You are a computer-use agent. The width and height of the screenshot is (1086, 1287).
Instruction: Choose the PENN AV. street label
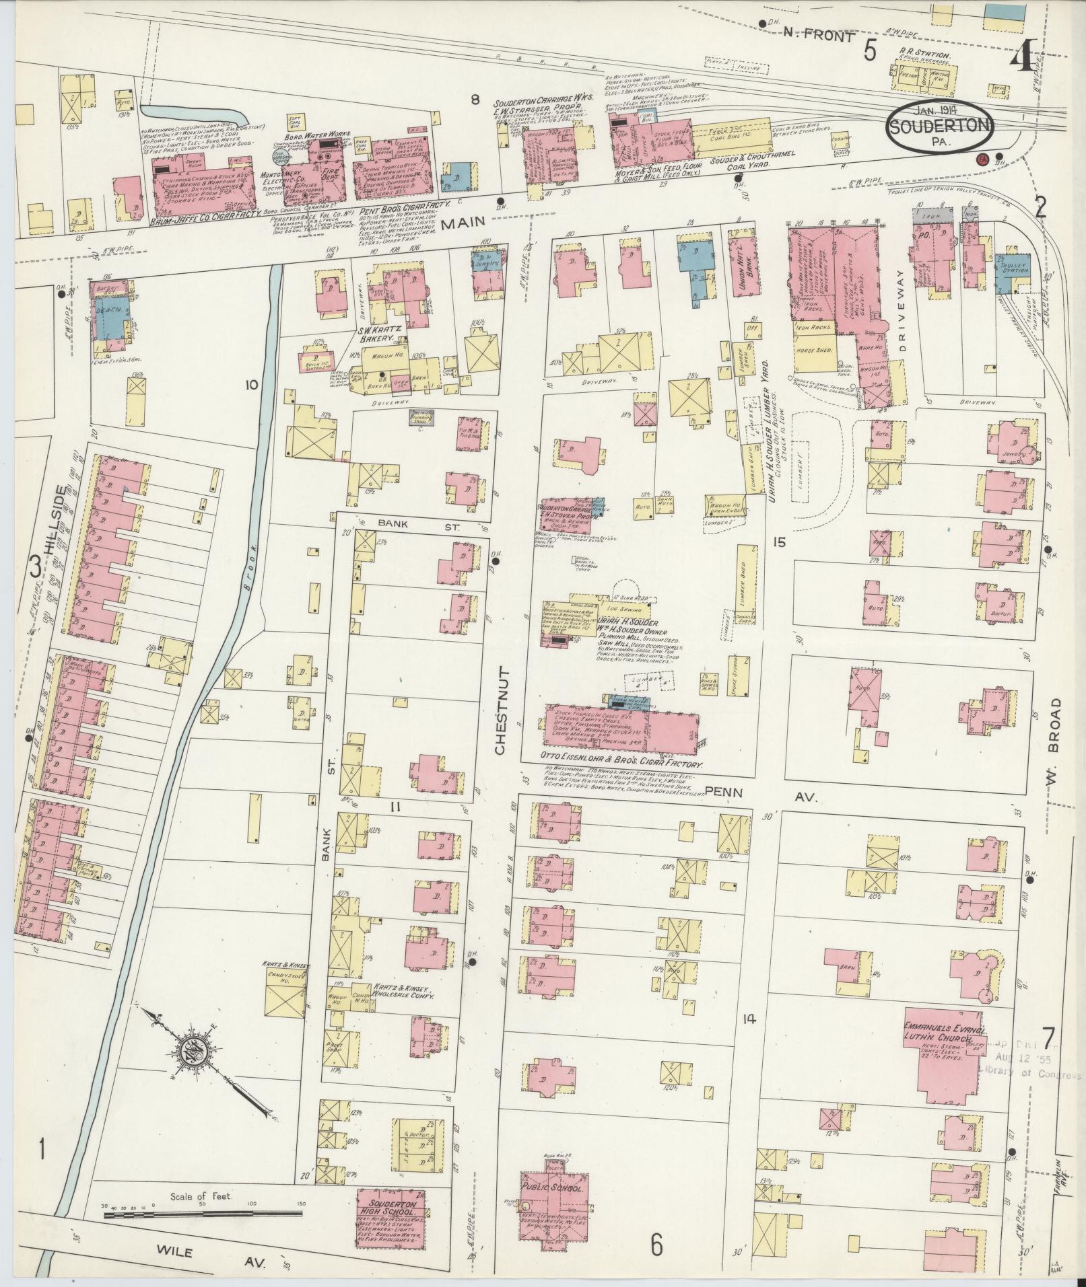coord(760,795)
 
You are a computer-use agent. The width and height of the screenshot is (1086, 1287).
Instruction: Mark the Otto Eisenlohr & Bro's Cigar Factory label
coord(622,766)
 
